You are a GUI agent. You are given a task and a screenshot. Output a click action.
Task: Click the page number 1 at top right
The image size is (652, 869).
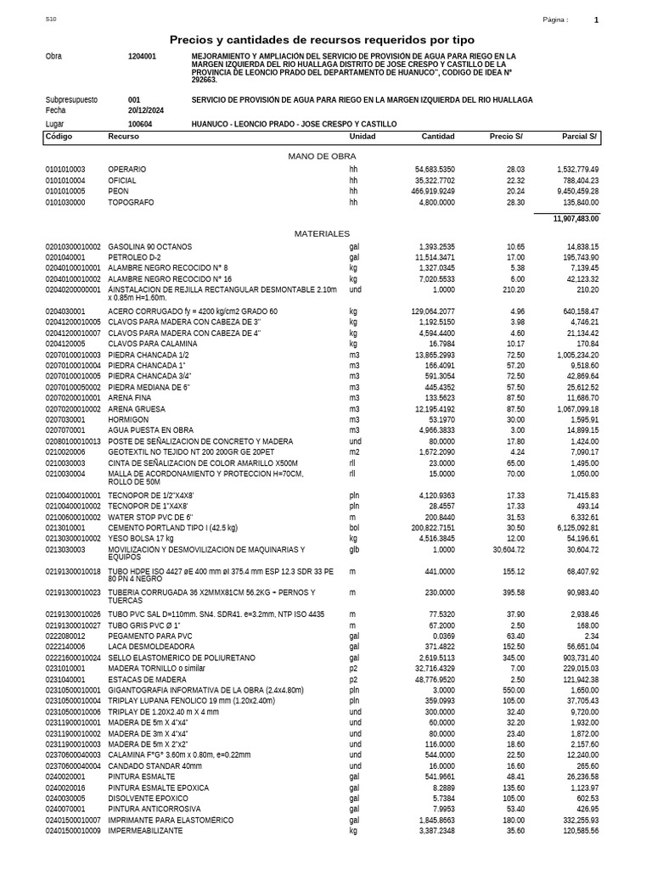tap(596, 20)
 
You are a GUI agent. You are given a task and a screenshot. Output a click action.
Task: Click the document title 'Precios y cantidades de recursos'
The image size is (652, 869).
tap(322, 40)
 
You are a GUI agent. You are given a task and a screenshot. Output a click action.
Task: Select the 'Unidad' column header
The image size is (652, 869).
tap(363, 137)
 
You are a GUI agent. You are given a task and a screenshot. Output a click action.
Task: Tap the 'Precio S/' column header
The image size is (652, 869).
tap(506, 137)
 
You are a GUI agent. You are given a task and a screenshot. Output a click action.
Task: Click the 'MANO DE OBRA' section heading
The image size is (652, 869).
tap(322, 156)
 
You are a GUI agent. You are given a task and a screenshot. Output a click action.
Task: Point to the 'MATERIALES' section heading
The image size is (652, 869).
tap(322, 233)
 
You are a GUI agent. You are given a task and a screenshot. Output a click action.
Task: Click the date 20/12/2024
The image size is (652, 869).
tap(146, 110)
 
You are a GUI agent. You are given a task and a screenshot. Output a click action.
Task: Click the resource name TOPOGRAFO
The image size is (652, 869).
tap(130, 203)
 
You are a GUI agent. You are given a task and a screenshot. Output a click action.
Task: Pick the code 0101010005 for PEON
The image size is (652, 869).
tap(65, 192)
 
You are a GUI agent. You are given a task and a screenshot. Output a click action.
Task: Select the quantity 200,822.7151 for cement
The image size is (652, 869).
tap(428, 527)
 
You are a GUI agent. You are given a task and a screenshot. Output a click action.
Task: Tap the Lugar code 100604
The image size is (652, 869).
tap(140, 124)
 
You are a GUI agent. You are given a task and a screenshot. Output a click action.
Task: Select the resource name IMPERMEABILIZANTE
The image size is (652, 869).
tap(145, 831)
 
